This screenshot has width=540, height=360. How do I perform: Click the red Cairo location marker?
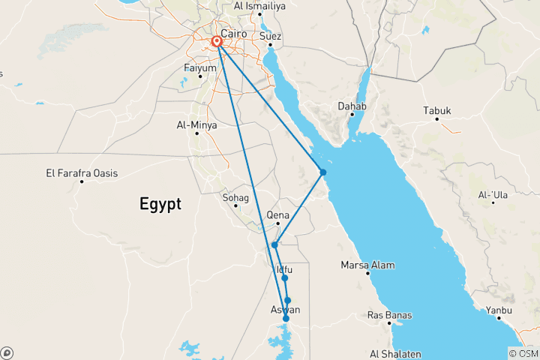coord(217,42)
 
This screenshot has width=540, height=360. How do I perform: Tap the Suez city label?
coord(270,35)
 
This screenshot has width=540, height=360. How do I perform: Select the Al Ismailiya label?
coord(259,6)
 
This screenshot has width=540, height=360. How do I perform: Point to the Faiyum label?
coord(199,68)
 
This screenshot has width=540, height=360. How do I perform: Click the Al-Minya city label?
coord(196,125)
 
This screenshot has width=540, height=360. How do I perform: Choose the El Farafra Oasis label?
coord(82,173)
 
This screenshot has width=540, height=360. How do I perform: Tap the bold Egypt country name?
coord(160,203)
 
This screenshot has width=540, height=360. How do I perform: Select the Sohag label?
coord(235,198)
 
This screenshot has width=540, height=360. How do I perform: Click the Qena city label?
coord(277,214)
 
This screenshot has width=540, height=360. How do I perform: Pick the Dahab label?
coord(352,106)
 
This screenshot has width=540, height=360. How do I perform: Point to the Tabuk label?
coord(437,111)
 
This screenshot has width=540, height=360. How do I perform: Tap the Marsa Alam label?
coord(367,265)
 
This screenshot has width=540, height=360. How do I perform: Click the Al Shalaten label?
coord(395,353)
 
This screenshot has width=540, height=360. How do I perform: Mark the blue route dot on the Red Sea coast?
coord(323,172)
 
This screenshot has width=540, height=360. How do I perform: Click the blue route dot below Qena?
coord(275,244)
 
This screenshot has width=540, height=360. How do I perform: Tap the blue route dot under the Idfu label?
coord(285,278)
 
